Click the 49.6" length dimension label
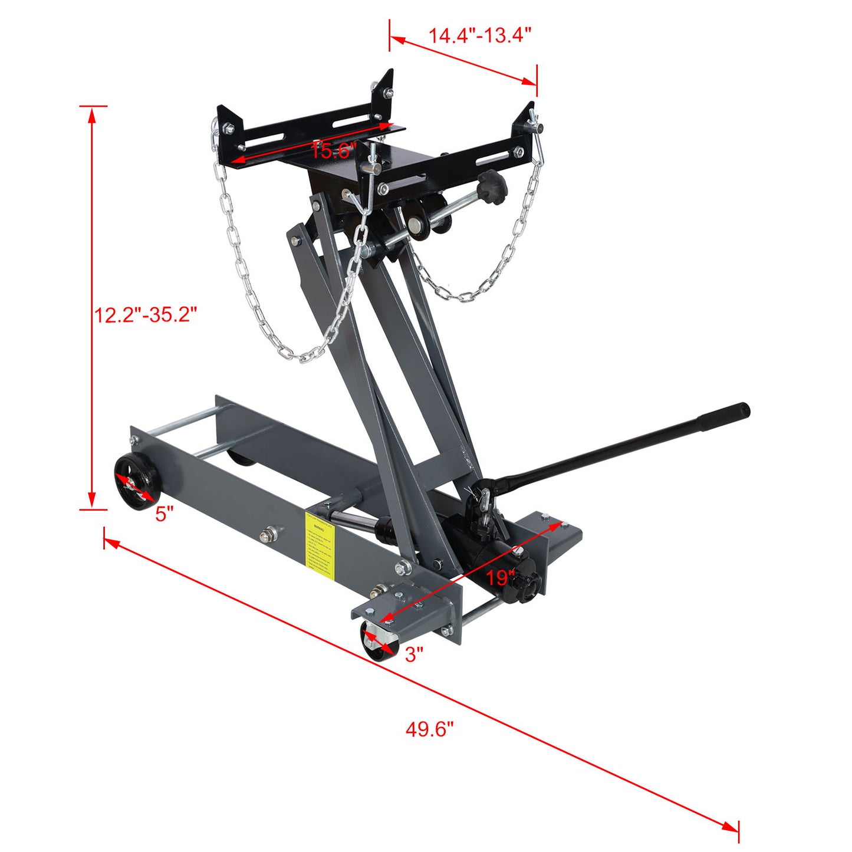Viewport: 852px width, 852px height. click(429, 729)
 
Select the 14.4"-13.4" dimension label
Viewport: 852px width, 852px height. click(480, 35)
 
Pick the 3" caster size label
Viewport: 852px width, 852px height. click(415, 654)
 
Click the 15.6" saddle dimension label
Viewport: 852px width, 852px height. click(334, 151)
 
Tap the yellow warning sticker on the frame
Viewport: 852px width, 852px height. click(320, 542)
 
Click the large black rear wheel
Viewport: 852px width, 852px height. click(136, 484)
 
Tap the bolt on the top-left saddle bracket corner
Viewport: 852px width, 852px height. click(227, 127)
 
